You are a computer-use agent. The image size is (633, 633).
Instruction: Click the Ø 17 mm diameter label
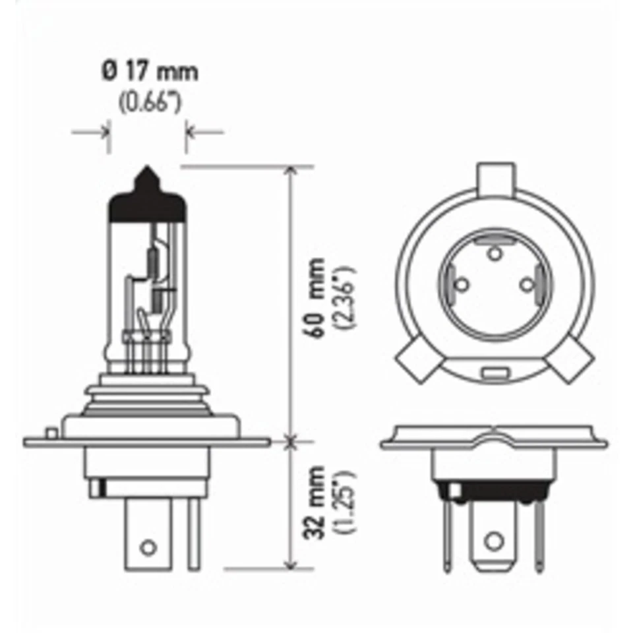click(150, 71)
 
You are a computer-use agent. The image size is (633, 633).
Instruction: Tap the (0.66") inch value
click(150, 102)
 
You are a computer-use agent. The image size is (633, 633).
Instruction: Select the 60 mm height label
click(317, 298)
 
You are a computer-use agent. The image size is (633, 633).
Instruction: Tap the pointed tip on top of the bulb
click(146, 177)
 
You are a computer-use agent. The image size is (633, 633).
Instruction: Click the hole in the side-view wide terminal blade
click(149, 547)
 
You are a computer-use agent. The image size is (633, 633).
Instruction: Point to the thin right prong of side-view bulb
click(193, 534)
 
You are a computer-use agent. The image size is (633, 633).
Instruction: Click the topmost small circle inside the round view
click(493, 251)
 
